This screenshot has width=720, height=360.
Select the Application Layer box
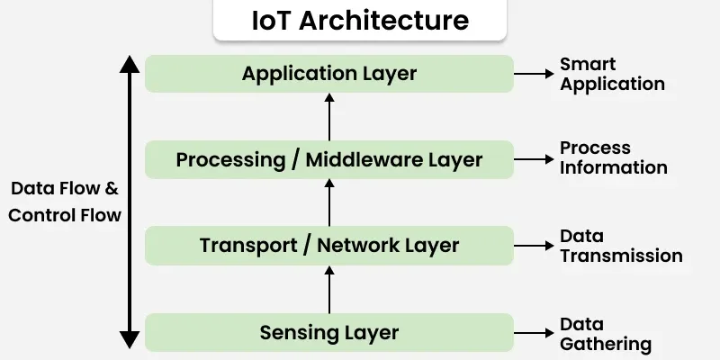tap(329, 73)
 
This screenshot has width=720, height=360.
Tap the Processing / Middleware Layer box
tap(329, 159)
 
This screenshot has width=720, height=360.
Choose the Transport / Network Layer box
tap(329, 245)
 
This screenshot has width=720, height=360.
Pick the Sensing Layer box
tap(329, 332)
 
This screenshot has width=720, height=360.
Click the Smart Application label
tap(612, 74)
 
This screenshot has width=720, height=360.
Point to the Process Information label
tap(613, 157)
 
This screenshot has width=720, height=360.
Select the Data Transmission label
tap(620, 246)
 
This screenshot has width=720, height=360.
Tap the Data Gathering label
tap(605, 333)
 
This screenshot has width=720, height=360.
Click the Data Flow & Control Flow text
tap(64, 202)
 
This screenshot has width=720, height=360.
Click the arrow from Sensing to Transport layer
tap(329, 290)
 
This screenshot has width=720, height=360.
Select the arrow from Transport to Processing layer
tap(329, 202)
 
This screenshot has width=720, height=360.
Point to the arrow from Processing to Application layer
tap(329, 116)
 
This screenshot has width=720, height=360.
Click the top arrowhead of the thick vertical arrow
tap(130, 64)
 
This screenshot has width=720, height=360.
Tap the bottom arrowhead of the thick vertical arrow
tap(130, 340)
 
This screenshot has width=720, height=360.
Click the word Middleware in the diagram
tap(360, 160)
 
